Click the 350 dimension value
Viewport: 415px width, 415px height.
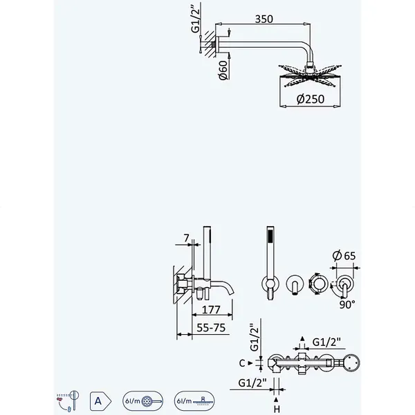pyautogui.click(x=264, y=19)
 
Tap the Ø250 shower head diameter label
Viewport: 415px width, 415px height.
pyautogui.click(x=310, y=99)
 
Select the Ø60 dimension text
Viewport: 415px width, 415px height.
pyautogui.click(x=223, y=70)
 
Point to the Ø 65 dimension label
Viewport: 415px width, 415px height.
pyautogui.click(x=344, y=256)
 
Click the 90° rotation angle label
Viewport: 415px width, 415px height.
pyautogui.click(x=347, y=304)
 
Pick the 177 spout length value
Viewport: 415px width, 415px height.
pyautogui.click(x=211, y=309)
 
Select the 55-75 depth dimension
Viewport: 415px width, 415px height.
pyautogui.click(x=211, y=328)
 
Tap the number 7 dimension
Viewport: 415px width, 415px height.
pyautogui.click(x=186, y=238)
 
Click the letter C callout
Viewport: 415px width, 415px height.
pyautogui.click(x=241, y=363)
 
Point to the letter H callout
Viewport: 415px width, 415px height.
pyautogui.click(x=277, y=409)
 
